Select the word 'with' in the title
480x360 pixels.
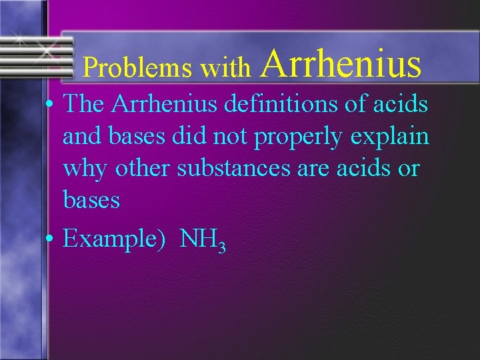point(225,67)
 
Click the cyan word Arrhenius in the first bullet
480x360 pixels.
point(166,104)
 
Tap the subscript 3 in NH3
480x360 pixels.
point(222,247)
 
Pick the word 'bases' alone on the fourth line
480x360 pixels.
point(91,199)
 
